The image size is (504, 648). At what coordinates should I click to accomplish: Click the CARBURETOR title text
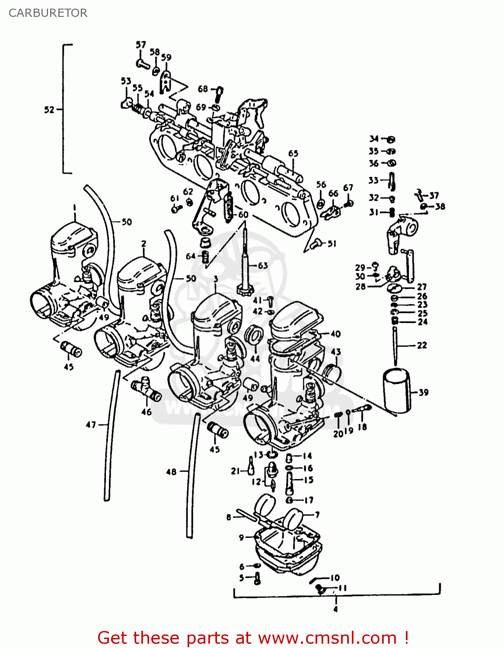pos(48,13)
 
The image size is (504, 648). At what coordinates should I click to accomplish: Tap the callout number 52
pos(49,110)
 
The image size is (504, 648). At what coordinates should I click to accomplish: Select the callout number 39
pos(424,392)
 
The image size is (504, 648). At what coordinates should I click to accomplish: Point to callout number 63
pos(263,265)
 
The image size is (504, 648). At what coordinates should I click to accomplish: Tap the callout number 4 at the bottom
pos(335,609)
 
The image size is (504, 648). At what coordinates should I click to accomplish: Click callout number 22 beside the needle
pos(422,345)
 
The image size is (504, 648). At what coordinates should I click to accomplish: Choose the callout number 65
pos(293,153)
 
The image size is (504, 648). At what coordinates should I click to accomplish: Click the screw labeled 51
pos(316,244)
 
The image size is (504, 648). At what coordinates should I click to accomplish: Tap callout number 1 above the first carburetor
pos(74,207)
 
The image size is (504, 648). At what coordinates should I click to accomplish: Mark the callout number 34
pos(374,139)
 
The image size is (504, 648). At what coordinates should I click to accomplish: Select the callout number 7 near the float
pos(317,515)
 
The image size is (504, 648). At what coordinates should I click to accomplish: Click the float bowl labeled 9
pos(287,549)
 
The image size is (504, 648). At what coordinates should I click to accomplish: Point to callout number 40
pos(335,334)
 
